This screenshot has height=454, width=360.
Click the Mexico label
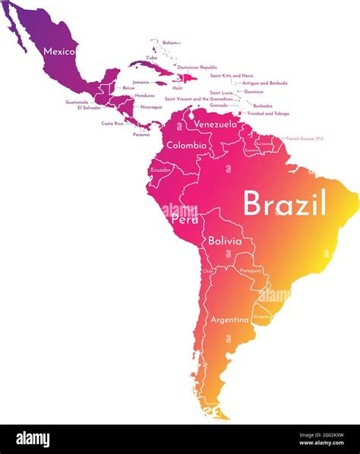[x=59, y=52]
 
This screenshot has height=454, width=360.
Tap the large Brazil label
[x=285, y=203]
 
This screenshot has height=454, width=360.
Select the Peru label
[x=185, y=219]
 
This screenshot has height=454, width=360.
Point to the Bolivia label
[x=225, y=241]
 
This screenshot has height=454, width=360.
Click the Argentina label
[x=229, y=320]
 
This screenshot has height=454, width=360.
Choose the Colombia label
[x=186, y=145]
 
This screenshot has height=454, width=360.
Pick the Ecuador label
[x=161, y=170]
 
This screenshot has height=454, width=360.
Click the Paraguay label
[x=251, y=270]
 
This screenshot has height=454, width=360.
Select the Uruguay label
[x=262, y=316]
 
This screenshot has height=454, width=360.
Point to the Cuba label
[x=152, y=58]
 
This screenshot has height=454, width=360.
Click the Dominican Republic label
[x=197, y=67]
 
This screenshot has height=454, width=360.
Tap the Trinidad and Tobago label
[x=268, y=113]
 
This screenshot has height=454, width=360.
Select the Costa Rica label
[x=112, y=123]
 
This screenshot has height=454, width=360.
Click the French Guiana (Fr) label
[x=305, y=139]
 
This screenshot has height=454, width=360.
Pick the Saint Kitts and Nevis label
[x=232, y=75]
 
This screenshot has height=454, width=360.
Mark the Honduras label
[x=144, y=95]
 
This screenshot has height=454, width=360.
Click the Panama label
[x=141, y=134]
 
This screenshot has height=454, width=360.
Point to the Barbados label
[x=263, y=106]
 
